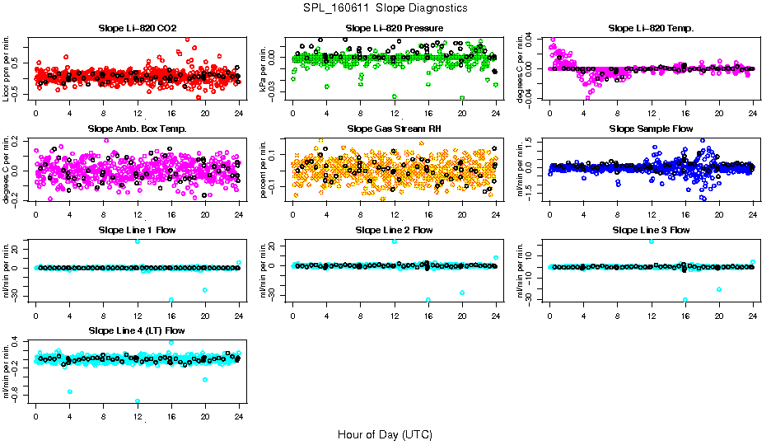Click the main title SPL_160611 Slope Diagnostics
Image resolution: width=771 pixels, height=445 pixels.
click(x=385, y=7)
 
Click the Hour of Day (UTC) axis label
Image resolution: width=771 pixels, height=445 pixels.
click(x=385, y=433)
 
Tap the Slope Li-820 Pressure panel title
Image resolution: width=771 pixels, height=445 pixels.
click(x=395, y=28)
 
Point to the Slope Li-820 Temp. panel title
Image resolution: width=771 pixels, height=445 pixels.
click(x=651, y=28)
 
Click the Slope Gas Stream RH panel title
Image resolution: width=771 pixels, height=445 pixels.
click(x=395, y=129)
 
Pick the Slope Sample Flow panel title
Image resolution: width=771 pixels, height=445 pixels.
click(x=651, y=129)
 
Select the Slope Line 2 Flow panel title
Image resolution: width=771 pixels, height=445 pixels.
click(x=395, y=230)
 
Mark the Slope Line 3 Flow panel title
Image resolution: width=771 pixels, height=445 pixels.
click(x=651, y=230)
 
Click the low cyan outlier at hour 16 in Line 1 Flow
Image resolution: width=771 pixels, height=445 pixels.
click(x=171, y=300)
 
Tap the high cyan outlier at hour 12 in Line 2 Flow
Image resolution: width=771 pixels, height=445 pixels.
click(x=395, y=241)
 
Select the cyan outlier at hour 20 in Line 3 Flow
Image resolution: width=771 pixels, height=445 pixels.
click(x=719, y=289)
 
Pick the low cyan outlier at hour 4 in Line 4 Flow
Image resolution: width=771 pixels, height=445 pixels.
click(x=70, y=391)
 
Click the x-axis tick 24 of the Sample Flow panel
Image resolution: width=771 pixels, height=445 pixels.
click(x=752, y=212)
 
